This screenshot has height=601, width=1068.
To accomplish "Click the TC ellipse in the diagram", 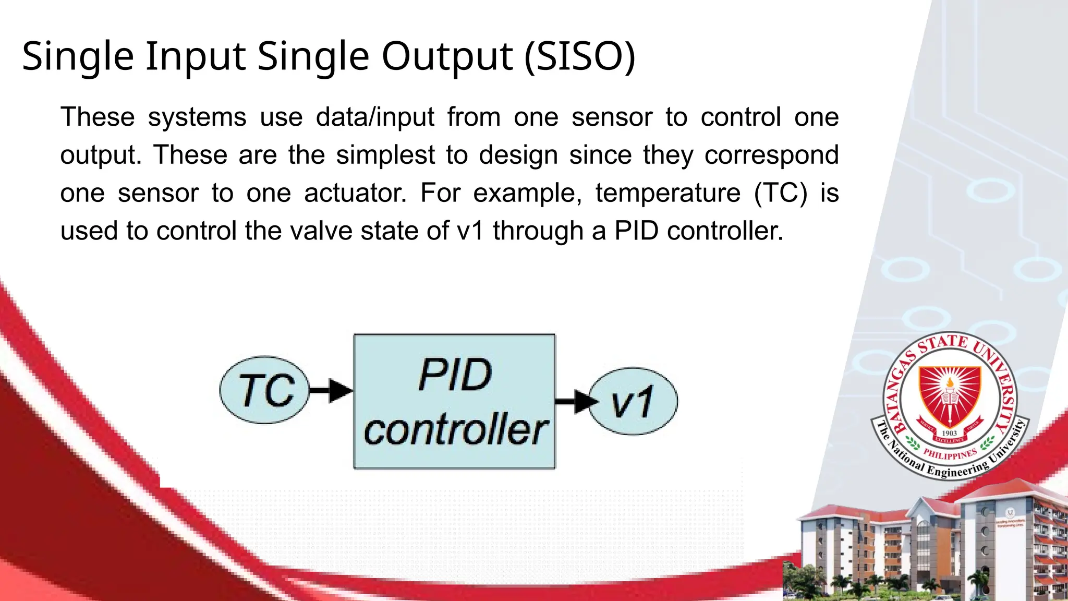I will (265, 390).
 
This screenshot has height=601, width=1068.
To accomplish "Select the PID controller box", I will (454, 402).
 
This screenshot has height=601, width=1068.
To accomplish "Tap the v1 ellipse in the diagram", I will (633, 401).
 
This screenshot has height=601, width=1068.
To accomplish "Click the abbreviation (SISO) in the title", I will (579, 56).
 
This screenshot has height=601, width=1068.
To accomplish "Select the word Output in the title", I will (447, 56).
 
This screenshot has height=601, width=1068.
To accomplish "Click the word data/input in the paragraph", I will (375, 117).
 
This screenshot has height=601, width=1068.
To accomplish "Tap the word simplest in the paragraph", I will (385, 155).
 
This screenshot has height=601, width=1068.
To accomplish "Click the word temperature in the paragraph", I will (667, 193).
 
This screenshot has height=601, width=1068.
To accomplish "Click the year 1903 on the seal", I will (949, 433).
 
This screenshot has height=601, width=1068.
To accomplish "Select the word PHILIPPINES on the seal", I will (950, 454).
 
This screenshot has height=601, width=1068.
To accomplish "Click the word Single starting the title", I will (78, 56).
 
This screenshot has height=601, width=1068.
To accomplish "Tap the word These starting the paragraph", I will (98, 117).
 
